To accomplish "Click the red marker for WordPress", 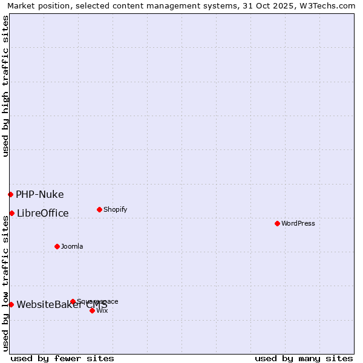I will [277, 223].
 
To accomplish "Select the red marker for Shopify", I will [99, 209].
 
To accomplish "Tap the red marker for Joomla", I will [57, 246].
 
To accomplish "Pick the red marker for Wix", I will [92, 310].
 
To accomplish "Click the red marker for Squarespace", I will [73, 301].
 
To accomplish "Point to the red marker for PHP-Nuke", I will [10, 194].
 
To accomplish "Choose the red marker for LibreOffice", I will [11, 213].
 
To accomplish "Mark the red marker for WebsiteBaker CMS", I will [11, 304].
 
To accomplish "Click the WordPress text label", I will [298, 223].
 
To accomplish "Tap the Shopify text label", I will [116, 209].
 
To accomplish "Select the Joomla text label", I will [72, 246].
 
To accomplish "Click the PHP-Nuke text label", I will [40, 194].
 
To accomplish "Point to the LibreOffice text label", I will [43, 213].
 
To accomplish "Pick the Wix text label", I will [102, 310].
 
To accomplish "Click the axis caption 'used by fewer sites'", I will [62, 358].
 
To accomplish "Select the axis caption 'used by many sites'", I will [304, 358].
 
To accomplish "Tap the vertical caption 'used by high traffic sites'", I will [5, 86].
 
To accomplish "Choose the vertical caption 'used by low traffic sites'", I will [5, 283].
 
